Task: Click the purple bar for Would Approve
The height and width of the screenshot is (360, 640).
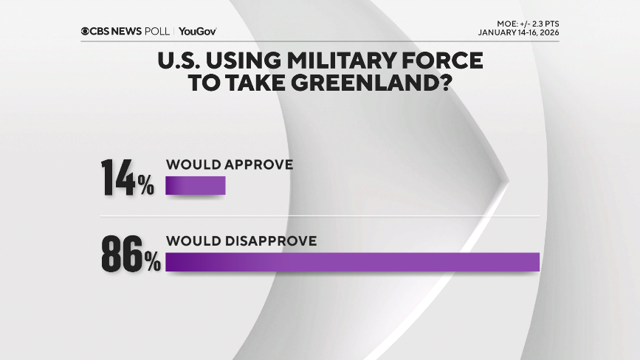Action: coord(195,186)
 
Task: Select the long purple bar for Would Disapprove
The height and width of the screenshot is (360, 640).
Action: coord(352,262)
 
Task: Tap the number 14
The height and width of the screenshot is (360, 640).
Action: coord(117,178)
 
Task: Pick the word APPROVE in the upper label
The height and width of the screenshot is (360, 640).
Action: coord(258,165)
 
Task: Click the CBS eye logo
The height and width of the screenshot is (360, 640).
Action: coord(85,31)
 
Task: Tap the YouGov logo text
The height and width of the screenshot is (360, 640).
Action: coord(197,31)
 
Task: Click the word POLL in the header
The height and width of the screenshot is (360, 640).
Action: coord(157,31)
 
